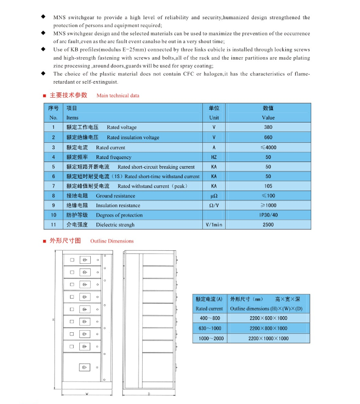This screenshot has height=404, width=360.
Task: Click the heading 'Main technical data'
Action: coord(118,96)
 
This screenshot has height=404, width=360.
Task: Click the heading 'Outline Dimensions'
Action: coord(112,241)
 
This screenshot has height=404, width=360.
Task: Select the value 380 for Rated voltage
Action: coord(268,127)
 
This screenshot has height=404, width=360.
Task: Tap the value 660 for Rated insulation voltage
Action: coord(268,138)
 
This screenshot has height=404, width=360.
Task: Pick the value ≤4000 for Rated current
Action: coord(268,147)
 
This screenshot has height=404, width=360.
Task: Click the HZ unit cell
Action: coord(214,157)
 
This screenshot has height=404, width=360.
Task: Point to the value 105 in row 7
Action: coord(268,186)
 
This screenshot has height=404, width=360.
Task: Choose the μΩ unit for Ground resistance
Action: coord(214,196)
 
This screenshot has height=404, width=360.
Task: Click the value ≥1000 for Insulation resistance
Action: coord(268,206)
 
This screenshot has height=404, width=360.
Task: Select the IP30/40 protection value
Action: coord(268,215)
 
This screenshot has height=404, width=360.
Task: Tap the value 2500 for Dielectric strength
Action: coord(268,225)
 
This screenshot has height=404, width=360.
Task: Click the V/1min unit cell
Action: coord(214,225)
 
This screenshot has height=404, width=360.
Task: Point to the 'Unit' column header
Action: coord(214,118)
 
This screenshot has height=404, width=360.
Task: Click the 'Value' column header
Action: coord(268,118)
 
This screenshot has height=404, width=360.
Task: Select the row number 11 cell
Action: coord(53,225)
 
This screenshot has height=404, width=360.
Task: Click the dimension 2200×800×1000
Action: coord(268,328)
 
